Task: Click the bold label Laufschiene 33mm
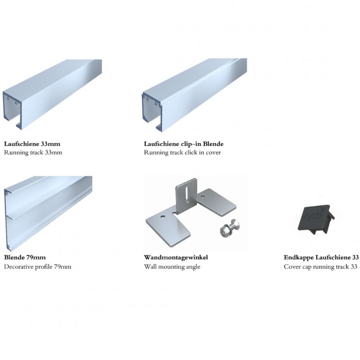(32, 144)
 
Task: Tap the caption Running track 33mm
(33, 152)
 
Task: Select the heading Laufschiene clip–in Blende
(184, 144)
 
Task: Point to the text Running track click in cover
(182, 152)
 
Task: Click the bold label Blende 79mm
(25, 257)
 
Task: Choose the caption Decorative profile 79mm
(38, 267)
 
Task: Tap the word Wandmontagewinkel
(176, 257)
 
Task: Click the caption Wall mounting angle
(172, 267)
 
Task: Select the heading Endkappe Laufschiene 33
(321, 257)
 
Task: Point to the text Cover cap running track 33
(320, 267)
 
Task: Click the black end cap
(316, 220)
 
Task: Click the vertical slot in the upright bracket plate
(187, 195)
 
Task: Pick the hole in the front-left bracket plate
(163, 217)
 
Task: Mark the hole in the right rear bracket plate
(202, 196)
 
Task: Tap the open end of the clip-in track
(153, 112)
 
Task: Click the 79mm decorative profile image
(48, 213)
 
